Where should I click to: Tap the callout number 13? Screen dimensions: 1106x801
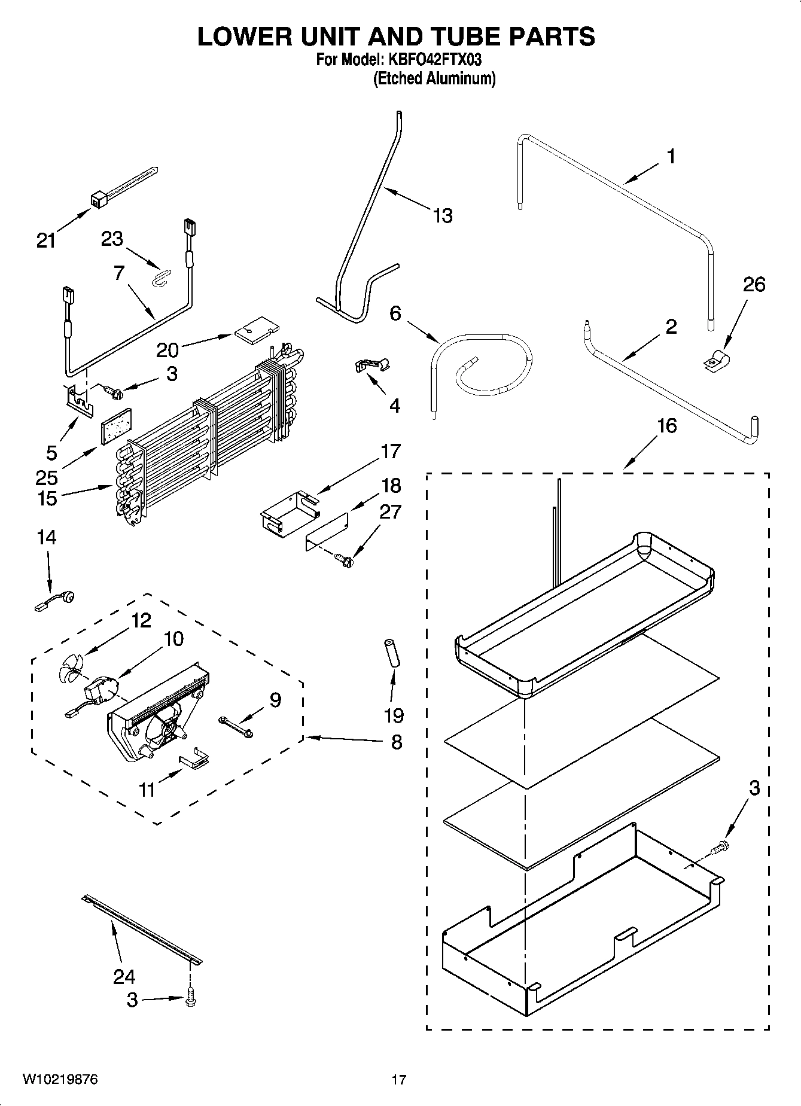pos(442,215)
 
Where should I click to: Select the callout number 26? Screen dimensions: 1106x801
pos(754,284)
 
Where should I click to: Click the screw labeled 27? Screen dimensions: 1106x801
pos(345,560)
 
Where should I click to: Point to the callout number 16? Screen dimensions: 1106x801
pos(667,426)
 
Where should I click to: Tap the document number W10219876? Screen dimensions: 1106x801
pos(60,1079)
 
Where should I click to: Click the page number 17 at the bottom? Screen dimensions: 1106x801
pos(399,1080)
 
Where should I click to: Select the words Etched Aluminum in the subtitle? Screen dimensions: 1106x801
pos(434,78)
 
